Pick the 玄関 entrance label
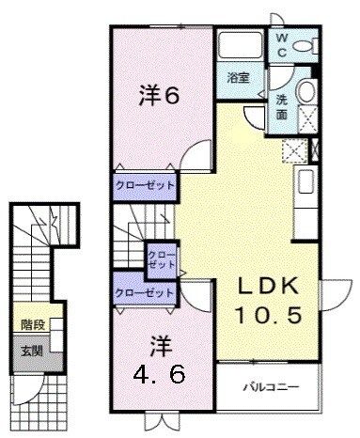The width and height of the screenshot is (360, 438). (x=31, y=351)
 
